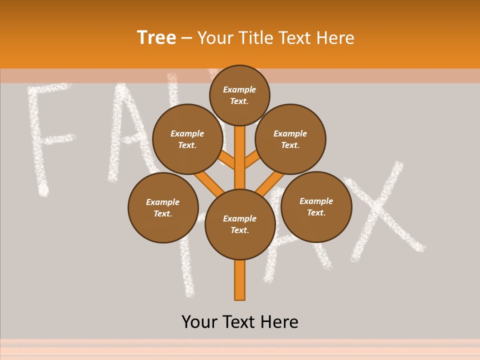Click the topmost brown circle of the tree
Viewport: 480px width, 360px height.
(239, 95)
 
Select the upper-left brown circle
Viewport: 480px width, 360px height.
(187, 139)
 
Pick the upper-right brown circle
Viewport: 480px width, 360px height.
(290, 139)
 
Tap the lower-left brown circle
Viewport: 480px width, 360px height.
(163, 207)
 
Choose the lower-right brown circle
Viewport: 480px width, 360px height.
(316, 206)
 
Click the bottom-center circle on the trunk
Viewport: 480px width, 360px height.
(240, 224)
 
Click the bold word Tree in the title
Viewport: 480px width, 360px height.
(156, 37)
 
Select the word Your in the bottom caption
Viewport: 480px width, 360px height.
(199, 321)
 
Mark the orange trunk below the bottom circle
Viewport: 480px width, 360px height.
(239, 280)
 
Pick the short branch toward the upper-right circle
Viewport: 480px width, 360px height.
(252, 160)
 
